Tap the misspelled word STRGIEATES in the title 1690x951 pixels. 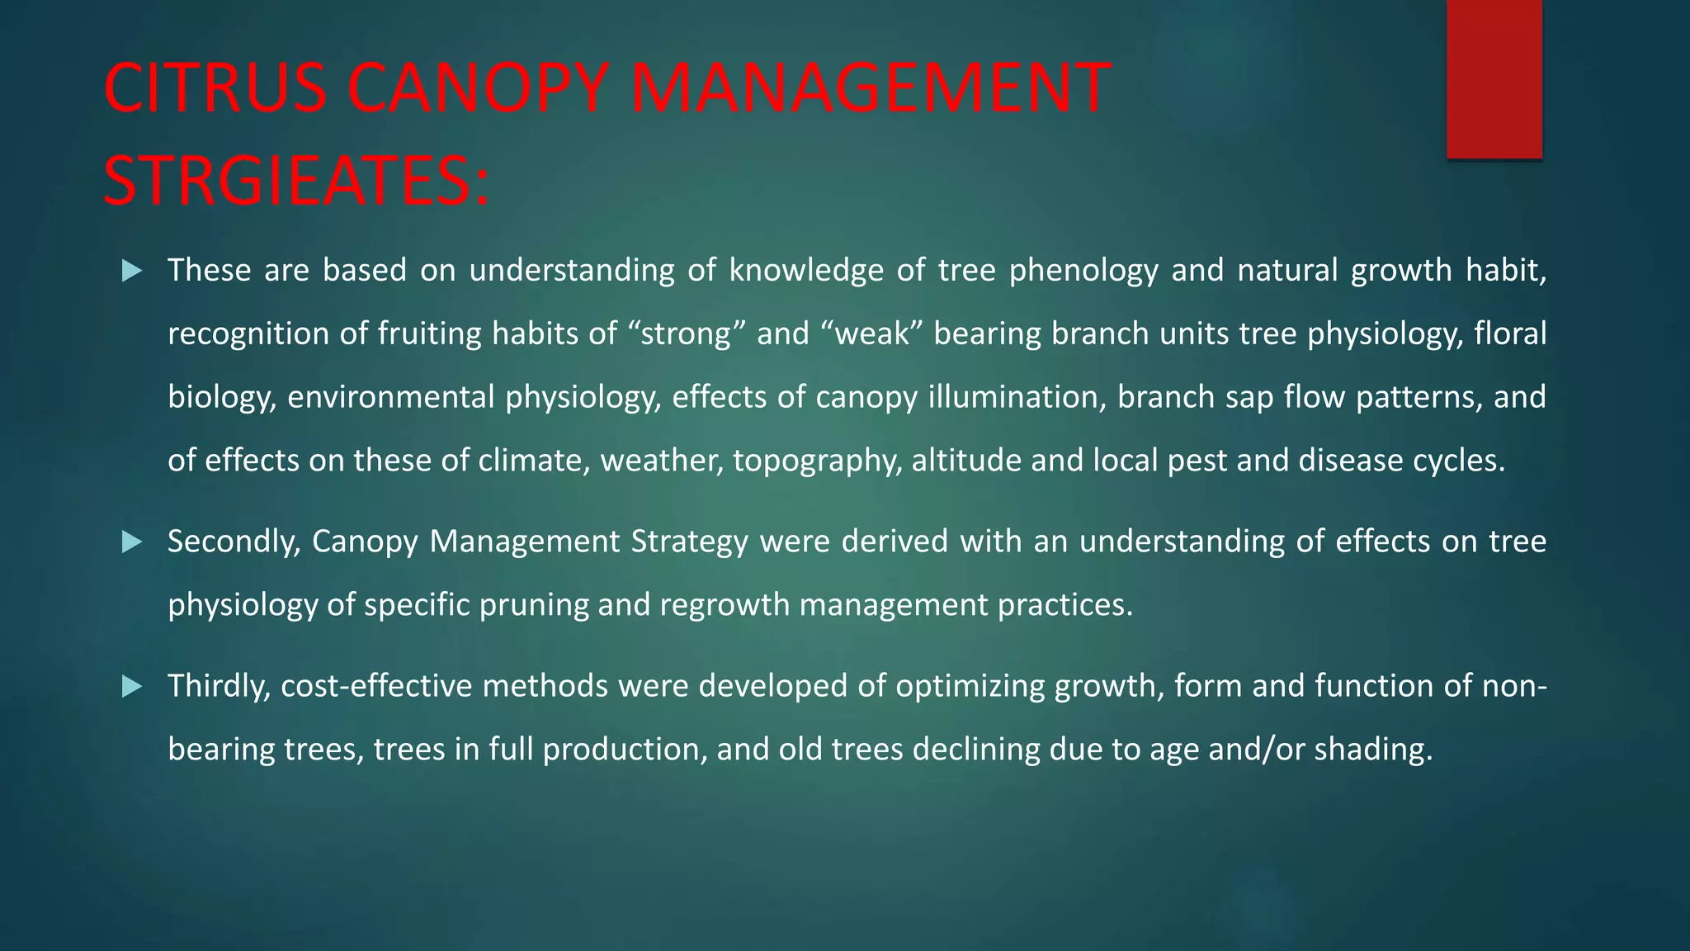coord(295,182)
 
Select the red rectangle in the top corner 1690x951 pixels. coord(1494,78)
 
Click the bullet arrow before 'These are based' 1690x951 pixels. coord(132,271)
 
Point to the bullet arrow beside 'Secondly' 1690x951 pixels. coord(132,542)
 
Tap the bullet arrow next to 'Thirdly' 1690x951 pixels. coord(132,687)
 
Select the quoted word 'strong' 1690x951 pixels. coord(687,334)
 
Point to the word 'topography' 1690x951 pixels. coord(817,461)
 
